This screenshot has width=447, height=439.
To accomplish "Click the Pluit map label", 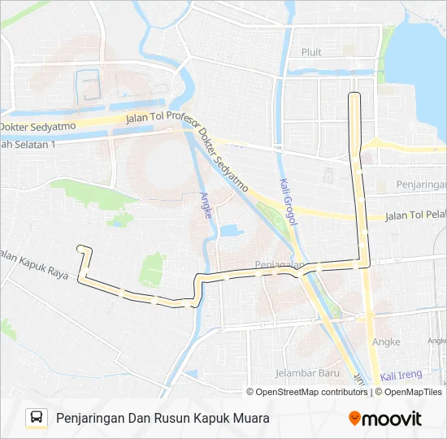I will [x=311, y=52].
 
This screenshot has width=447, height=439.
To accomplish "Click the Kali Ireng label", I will [x=400, y=376].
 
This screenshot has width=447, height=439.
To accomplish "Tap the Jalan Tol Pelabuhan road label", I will [x=415, y=215].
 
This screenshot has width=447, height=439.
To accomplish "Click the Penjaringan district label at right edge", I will [x=421, y=185].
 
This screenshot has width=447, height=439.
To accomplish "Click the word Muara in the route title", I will [x=248, y=418].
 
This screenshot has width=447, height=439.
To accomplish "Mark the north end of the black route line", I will [x=354, y=95].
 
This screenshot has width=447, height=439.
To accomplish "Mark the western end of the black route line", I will [x=78, y=246].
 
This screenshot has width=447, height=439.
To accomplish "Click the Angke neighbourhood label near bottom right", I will [x=385, y=342].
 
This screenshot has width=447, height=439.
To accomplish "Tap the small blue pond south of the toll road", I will [x=229, y=230].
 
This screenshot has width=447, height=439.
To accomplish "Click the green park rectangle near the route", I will [x=152, y=269].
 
